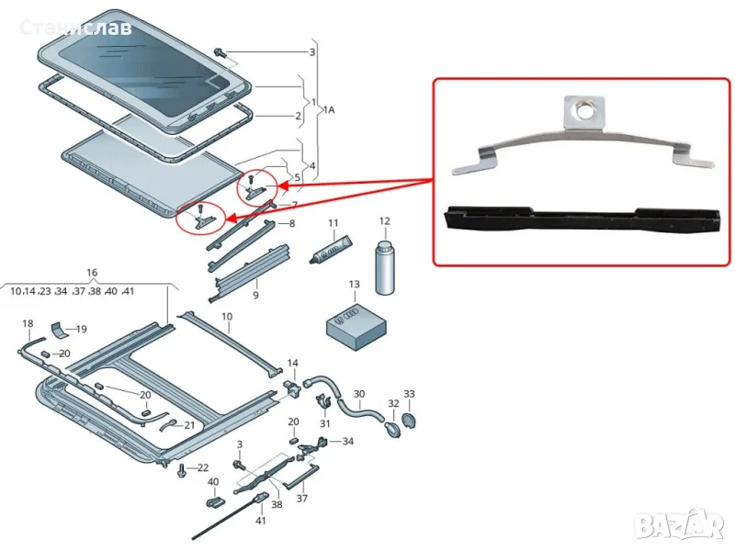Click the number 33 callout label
(x=410, y=394)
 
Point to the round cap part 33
(x=410, y=421)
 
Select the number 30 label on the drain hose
(x=358, y=394)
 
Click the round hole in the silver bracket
(x=581, y=115)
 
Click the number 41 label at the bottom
(x=261, y=521)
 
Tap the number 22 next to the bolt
(x=203, y=468)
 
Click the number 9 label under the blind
(x=254, y=296)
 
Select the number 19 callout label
(x=81, y=329)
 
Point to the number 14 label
(x=293, y=364)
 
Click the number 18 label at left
(x=28, y=324)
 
